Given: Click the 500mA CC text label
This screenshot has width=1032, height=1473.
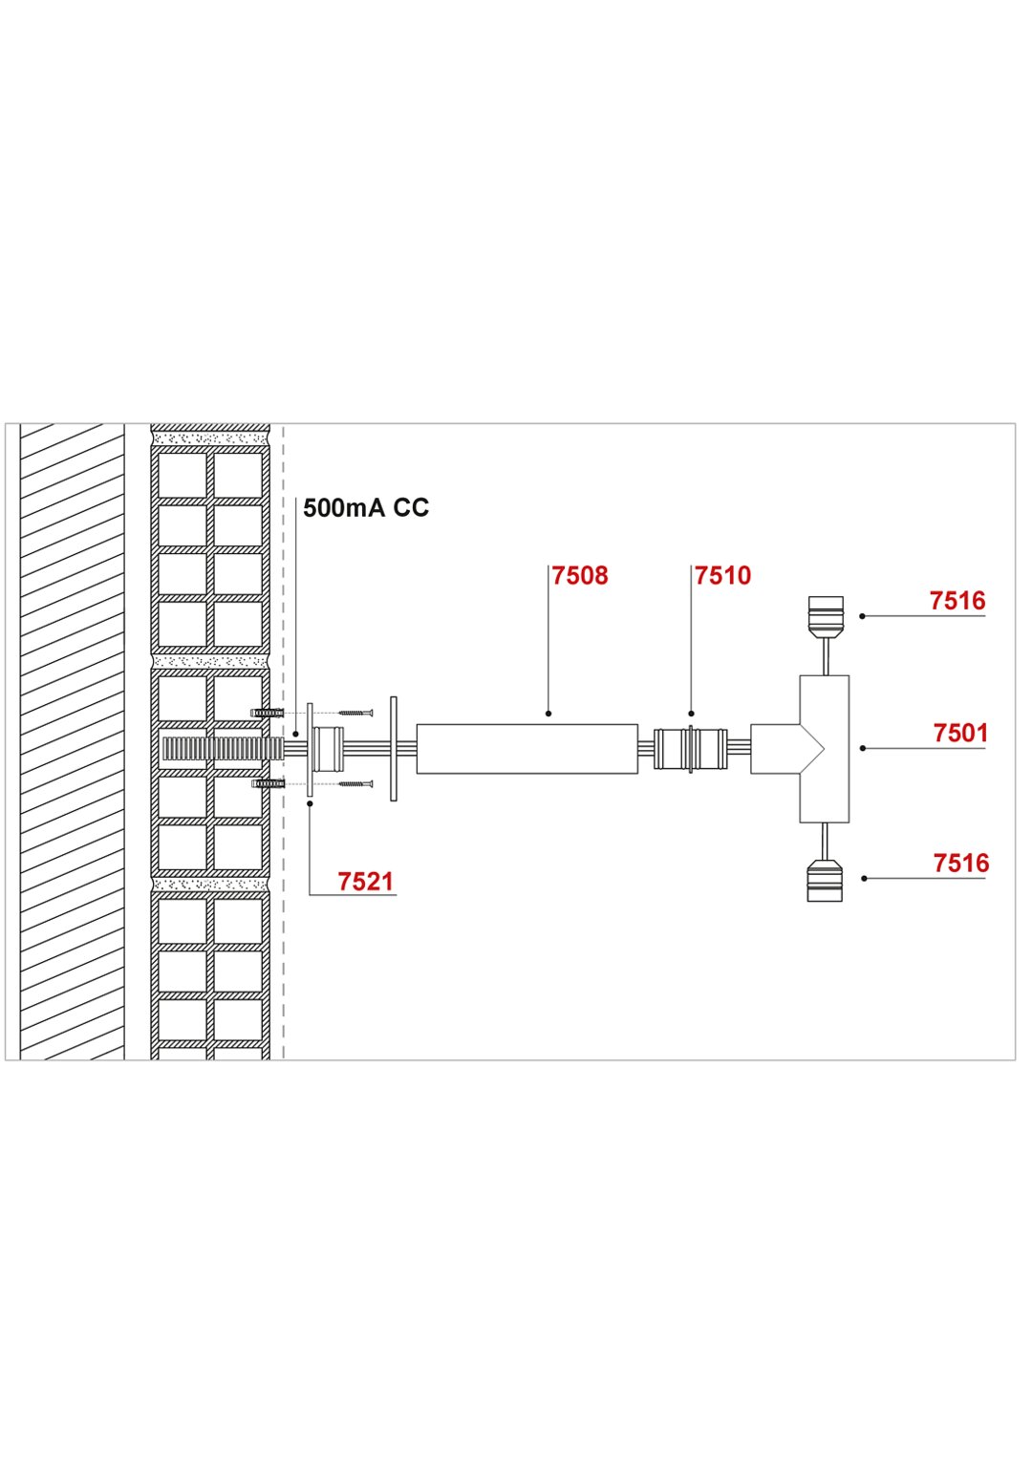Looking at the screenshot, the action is (x=366, y=507).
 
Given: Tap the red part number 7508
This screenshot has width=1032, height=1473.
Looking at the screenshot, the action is (x=579, y=575).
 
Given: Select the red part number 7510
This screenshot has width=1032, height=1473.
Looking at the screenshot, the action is (x=722, y=575).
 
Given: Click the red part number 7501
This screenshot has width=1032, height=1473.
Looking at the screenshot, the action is (x=960, y=734).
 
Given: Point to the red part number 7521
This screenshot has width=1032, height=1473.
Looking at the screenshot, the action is (x=366, y=881).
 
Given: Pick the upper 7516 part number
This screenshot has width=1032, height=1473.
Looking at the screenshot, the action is (x=957, y=601).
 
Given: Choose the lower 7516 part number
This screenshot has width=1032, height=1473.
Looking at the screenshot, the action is (x=961, y=863).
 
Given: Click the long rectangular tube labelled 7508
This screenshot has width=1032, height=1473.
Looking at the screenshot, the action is (x=527, y=749).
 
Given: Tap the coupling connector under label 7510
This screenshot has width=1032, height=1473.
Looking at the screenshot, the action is (x=691, y=748).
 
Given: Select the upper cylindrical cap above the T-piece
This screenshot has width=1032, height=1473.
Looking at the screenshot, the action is (x=825, y=617).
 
